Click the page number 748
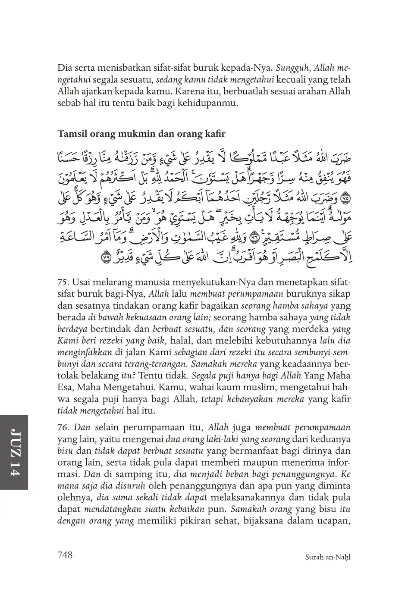(65, 555)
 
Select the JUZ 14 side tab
(14, 453)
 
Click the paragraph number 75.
(63, 282)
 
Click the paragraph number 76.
(63, 428)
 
